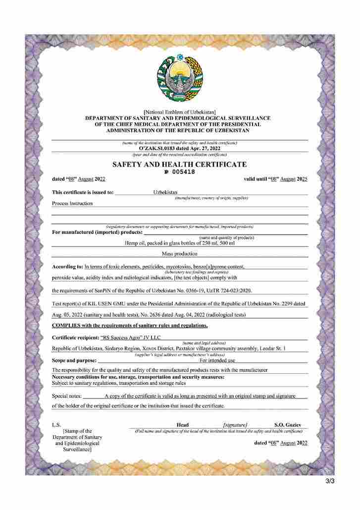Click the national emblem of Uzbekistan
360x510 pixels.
(180, 79)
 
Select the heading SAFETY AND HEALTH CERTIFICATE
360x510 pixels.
(179, 164)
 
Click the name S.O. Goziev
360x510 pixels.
(291, 425)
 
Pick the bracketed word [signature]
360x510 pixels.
(235, 425)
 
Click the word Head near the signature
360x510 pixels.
(182, 425)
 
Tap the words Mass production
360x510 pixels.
(180, 253)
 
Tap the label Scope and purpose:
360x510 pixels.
(73, 360)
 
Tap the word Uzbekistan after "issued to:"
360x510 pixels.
(165, 192)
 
